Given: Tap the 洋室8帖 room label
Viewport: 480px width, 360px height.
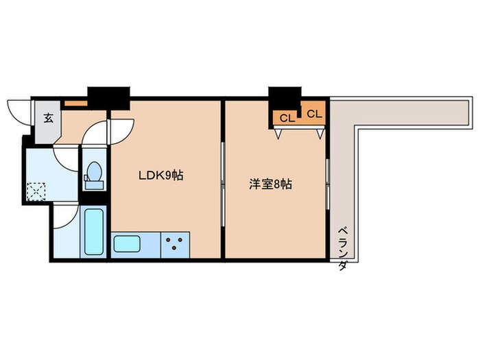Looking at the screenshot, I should pyautogui.click(x=270, y=184).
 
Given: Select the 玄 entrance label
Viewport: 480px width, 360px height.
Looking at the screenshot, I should pyautogui.click(x=49, y=117).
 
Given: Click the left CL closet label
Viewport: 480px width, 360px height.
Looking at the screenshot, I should pyautogui.click(x=287, y=118).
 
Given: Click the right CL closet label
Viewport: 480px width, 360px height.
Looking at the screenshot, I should pyautogui.click(x=314, y=114).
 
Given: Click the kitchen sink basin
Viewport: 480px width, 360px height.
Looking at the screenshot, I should pyautogui.click(x=127, y=243).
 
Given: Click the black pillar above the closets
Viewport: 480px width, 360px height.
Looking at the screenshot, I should pyautogui.click(x=285, y=97).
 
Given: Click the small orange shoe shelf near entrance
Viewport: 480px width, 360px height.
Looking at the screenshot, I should pyautogui.click(x=76, y=104).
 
